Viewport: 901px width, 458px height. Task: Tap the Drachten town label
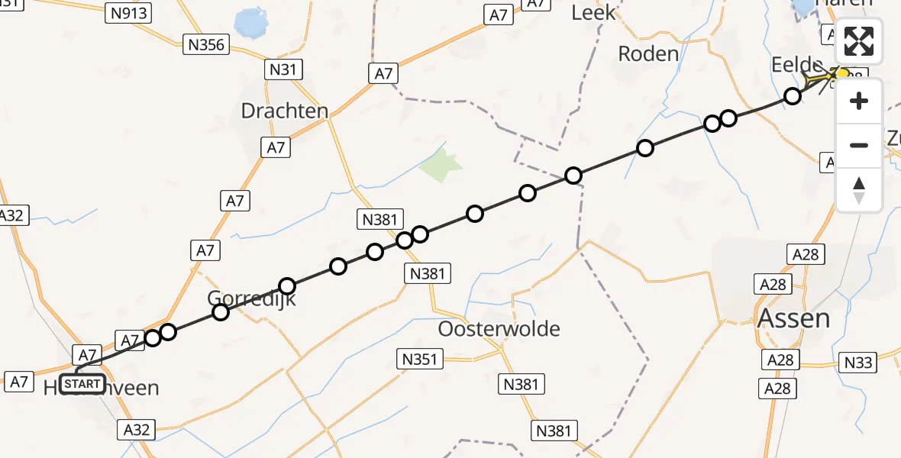point(284,111)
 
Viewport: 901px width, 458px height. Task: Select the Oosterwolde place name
point(499,329)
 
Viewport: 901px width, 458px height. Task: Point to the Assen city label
point(793,318)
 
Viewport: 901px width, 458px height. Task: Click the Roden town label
point(647,53)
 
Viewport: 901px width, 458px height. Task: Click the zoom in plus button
point(859,101)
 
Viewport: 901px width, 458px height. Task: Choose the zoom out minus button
point(859,145)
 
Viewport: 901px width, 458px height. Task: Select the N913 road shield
point(128,12)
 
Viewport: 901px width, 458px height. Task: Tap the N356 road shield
point(206,45)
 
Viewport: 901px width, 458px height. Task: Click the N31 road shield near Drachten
point(283,70)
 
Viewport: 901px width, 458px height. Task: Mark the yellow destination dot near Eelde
point(843,74)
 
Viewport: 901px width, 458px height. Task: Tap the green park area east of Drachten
point(442,164)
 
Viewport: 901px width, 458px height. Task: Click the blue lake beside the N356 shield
point(248,23)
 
